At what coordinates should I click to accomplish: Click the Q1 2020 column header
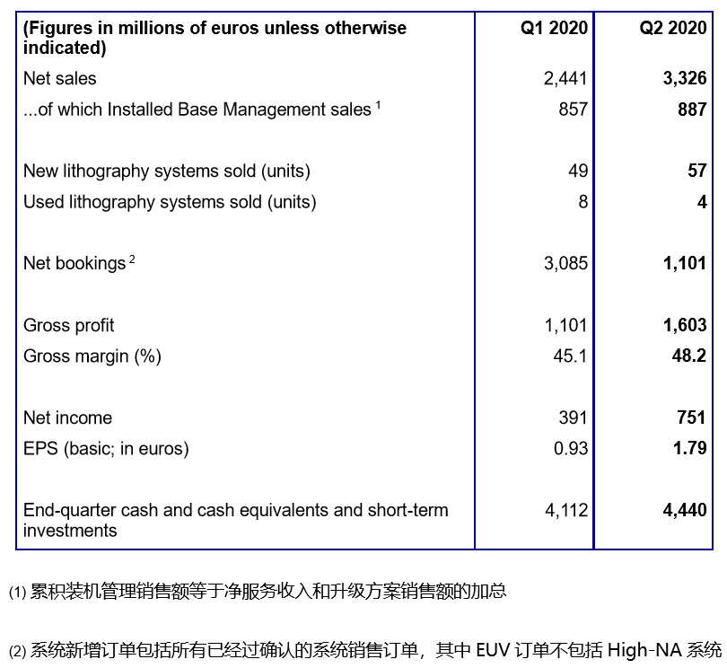click(554, 28)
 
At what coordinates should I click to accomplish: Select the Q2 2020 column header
click(672, 28)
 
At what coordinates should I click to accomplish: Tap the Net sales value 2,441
click(565, 79)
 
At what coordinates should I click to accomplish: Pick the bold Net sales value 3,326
click(686, 79)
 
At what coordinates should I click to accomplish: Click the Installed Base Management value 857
click(573, 110)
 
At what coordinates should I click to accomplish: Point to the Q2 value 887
click(692, 110)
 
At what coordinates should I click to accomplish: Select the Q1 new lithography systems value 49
click(578, 171)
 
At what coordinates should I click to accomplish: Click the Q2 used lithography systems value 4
click(702, 202)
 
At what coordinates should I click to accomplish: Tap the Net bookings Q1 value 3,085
click(565, 264)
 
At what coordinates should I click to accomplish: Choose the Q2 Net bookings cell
click(686, 264)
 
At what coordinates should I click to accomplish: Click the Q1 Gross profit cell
click(565, 325)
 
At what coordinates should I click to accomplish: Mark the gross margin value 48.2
click(690, 356)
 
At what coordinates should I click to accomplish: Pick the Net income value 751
click(692, 417)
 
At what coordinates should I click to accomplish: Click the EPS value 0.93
click(571, 448)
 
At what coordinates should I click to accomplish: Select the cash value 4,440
click(686, 510)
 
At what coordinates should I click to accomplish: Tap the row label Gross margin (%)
click(92, 356)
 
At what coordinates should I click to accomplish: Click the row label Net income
click(68, 417)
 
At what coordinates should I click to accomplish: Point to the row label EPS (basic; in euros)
click(106, 448)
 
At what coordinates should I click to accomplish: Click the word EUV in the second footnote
click(493, 650)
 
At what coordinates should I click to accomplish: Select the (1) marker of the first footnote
click(18, 593)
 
